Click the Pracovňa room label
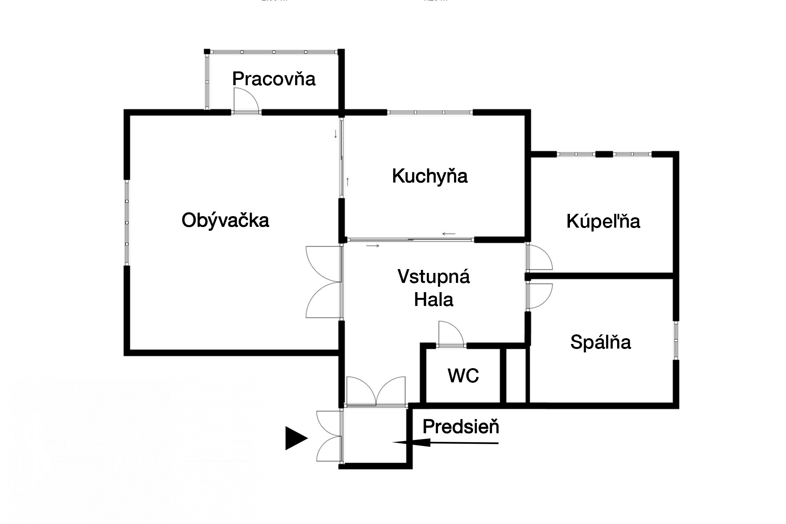[x=274, y=79]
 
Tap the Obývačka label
[x=225, y=220]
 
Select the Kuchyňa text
[x=430, y=176]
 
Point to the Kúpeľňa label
[x=603, y=222]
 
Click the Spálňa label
[x=601, y=342]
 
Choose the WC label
[x=463, y=375]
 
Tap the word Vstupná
[x=434, y=276]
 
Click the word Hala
[x=434, y=300]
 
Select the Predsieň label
[x=461, y=426]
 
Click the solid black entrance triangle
[x=296, y=438]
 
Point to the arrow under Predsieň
[x=445, y=443]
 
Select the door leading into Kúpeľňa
[x=540, y=257]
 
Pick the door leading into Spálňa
[x=540, y=296]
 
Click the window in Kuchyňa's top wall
[x=429, y=112]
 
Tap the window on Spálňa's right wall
[x=676, y=340]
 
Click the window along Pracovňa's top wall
[x=273, y=52]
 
